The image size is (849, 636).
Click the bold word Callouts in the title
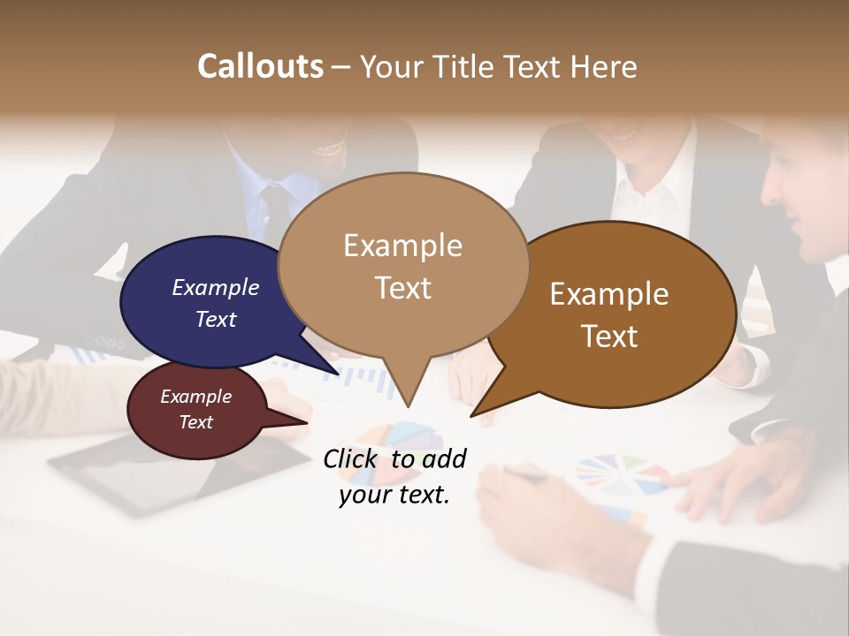coord(260,66)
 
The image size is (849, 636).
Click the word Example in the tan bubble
coord(402,246)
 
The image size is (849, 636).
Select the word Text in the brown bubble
coord(609,337)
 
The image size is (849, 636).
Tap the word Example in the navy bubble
coord(216,287)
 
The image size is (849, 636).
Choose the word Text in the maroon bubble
coord(196,422)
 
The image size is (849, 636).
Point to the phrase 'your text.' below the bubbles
coord(394,495)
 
